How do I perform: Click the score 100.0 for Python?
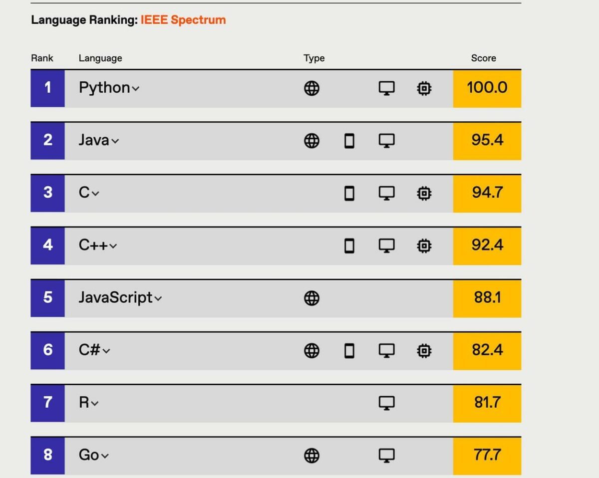click(x=487, y=88)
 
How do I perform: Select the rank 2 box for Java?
click(x=47, y=140)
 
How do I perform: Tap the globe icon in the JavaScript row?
click(x=311, y=298)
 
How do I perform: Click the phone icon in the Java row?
click(x=349, y=141)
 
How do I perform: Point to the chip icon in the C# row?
click(x=424, y=351)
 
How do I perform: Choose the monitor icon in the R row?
click(x=386, y=403)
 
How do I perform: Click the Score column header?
click(x=483, y=58)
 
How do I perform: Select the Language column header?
click(x=100, y=58)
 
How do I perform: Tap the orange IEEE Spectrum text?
click(x=183, y=20)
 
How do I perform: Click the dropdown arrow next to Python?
click(x=136, y=89)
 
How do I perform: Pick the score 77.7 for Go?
click(x=487, y=455)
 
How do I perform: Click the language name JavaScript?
click(x=115, y=297)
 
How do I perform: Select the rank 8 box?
click(x=47, y=455)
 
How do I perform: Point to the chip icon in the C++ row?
click(x=424, y=245)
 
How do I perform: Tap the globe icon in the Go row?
click(x=311, y=456)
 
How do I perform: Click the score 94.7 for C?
click(x=487, y=193)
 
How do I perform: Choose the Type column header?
click(x=314, y=58)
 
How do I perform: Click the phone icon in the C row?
click(x=349, y=193)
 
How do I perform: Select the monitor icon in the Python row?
click(x=386, y=89)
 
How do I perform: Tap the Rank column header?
click(x=42, y=58)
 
